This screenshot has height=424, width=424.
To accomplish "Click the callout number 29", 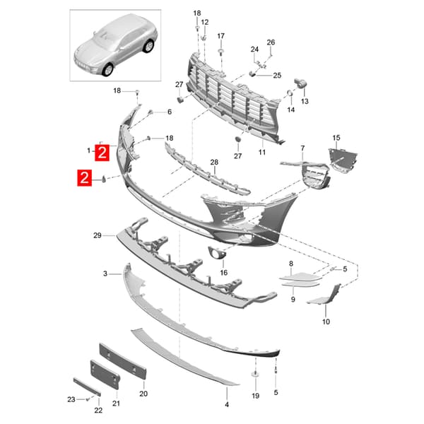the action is pos(98,235).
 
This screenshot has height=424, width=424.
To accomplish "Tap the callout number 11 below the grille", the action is pos(261,152).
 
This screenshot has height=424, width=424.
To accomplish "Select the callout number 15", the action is pos(336,138).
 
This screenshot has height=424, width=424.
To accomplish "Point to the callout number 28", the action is pos(214,163).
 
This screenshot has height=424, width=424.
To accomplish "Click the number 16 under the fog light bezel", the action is pos(224,273).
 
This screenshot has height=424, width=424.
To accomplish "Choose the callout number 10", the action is pos(326,322).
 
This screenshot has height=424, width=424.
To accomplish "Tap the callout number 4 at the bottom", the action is pos(227,404).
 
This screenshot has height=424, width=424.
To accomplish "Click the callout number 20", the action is pos(143,394).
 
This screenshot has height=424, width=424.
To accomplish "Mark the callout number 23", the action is pos(71,399).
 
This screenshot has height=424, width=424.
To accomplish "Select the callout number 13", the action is pos(305,101).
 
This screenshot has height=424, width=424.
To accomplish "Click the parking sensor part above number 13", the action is pos(300,83).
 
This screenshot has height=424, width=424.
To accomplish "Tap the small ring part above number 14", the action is pos(290,93).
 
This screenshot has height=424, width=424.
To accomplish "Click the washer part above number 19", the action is pos(255,375).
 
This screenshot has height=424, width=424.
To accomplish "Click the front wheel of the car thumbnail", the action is pos(108,69).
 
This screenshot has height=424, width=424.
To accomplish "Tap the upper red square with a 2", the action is pos(102,153).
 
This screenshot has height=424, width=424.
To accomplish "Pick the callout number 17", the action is pos(221,36).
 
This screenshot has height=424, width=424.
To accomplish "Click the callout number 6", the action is pos(170,112).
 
